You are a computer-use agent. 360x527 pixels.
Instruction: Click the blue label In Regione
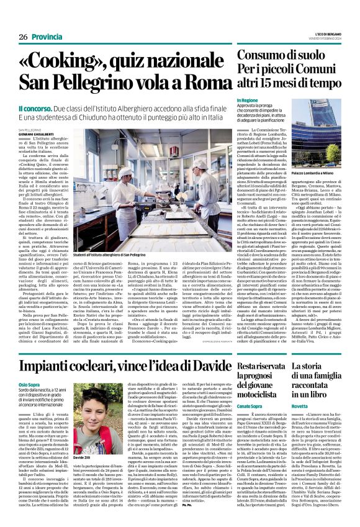(x=246, y=99)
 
